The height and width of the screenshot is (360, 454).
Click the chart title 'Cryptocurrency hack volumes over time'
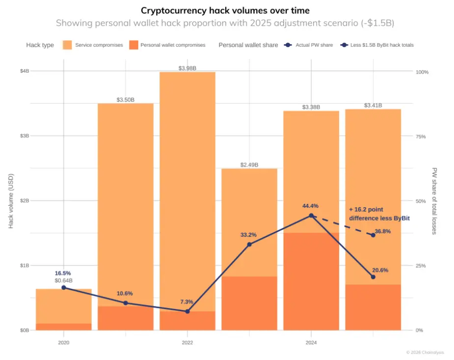point(225,10)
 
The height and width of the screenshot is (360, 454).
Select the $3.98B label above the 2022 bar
point(187,68)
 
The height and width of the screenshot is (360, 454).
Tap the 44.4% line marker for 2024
point(311,216)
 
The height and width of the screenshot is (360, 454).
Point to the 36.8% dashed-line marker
point(373,235)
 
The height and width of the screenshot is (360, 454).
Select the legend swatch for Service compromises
point(68,45)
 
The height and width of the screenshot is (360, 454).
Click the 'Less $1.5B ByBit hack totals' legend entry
point(378,45)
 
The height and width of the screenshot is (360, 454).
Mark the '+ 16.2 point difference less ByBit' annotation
point(379,214)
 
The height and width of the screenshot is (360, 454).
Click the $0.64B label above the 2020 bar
point(64,280)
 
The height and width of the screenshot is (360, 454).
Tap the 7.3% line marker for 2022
point(187,311)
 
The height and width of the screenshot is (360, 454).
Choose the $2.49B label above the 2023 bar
point(249,165)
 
